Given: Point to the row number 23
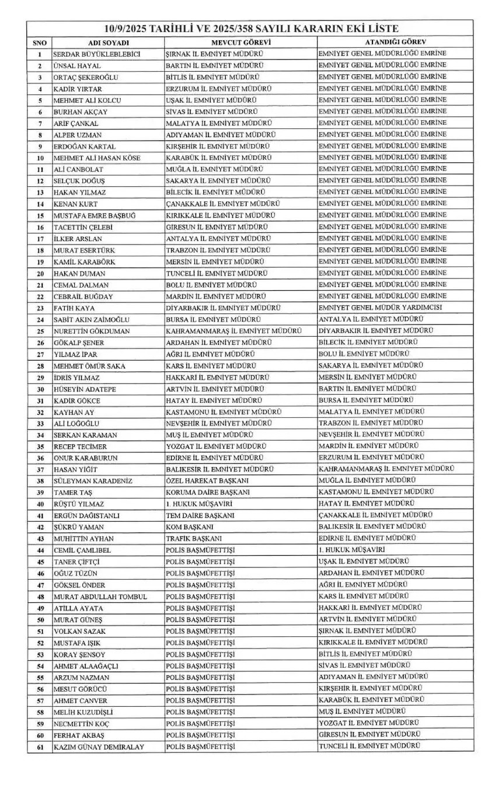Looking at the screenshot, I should pyautogui.click(x=40, y=308).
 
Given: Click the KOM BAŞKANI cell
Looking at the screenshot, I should pyautogui.click(x=191, y=527).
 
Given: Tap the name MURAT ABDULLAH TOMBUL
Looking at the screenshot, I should pyautogui.click(x=99, y=597).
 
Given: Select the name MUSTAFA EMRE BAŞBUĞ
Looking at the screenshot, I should pyautogui.click(x=95, y=215).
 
